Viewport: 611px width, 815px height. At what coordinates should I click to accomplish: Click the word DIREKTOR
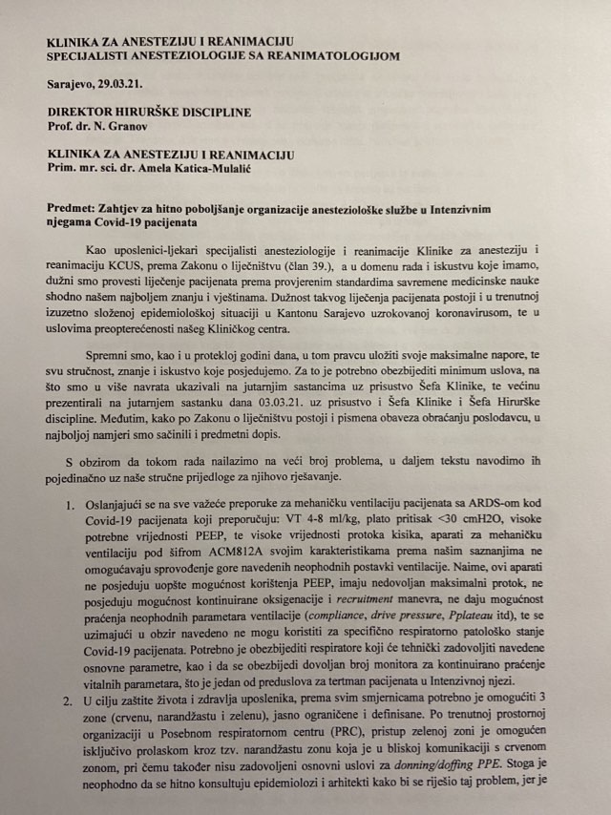[x=79, y=112]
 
